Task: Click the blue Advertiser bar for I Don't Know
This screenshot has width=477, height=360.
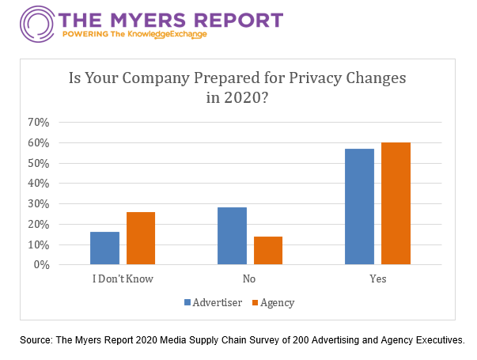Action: click(x=104, y=248)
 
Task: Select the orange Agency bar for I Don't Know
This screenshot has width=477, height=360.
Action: click(x=141, y=238)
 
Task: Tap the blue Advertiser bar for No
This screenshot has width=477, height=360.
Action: click(x=232, y=236)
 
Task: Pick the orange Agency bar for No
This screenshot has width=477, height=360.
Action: click(x=268, y=251)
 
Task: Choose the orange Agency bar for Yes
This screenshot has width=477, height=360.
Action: click(x=396, y=203)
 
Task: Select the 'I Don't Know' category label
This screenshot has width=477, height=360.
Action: click(x=123, y=279)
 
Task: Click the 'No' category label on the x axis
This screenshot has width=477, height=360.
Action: click(x=250, y=279)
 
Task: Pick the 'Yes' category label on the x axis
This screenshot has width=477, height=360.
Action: click(x=378, y=279)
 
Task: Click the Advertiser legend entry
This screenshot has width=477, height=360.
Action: click(x=211, y=302)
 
